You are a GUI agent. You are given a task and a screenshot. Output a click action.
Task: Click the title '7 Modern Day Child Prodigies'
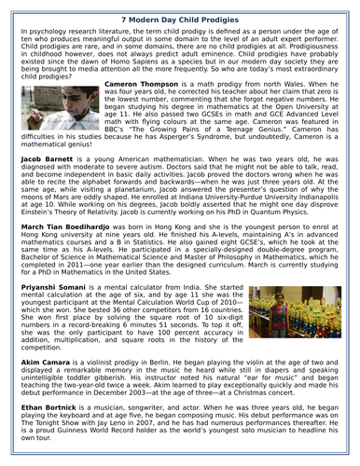click(179, 18)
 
